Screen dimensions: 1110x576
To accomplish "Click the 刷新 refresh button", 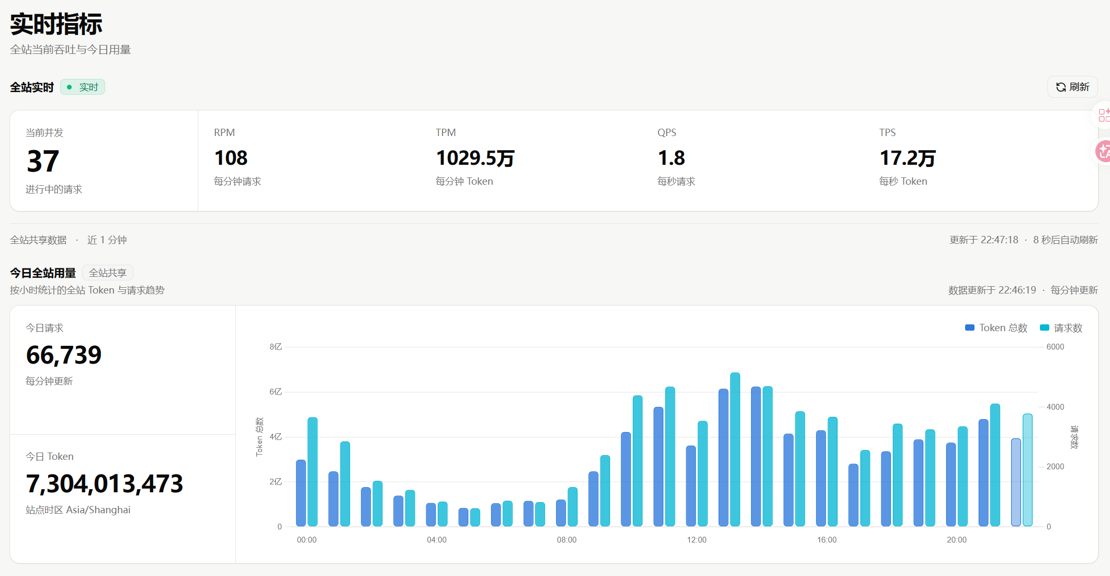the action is [1072, 87].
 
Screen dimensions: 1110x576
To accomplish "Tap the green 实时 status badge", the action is [83, 87].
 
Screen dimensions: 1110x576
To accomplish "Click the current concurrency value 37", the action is [43, 161].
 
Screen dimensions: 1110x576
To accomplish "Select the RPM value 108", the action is [231, 158].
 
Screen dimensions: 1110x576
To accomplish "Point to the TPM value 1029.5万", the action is [475, 158].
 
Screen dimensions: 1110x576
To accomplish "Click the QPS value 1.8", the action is [671, 158].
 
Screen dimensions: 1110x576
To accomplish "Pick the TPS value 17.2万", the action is [908, 158].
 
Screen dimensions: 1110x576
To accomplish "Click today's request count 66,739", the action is [64, 355].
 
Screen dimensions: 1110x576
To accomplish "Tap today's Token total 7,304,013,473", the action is [105, 484].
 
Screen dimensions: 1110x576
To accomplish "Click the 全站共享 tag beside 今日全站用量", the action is [108, 273].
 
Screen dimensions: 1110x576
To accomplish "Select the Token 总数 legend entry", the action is [996, 328].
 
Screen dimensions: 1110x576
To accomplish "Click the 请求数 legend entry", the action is [1061, 328].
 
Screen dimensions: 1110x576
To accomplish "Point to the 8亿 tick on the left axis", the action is [276, 347].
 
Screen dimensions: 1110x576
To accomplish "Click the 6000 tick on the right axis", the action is [1055, 347].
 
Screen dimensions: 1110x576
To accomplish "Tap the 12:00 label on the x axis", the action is [697, 540].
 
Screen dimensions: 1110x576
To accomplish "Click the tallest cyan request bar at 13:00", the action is [735, 449].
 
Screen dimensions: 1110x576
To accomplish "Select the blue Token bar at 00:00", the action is [301, 493].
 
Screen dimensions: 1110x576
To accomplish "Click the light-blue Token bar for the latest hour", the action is [1016, 482].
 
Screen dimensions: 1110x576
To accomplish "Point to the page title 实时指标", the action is [56, 25].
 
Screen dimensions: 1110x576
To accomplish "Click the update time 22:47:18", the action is [999, 240].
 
